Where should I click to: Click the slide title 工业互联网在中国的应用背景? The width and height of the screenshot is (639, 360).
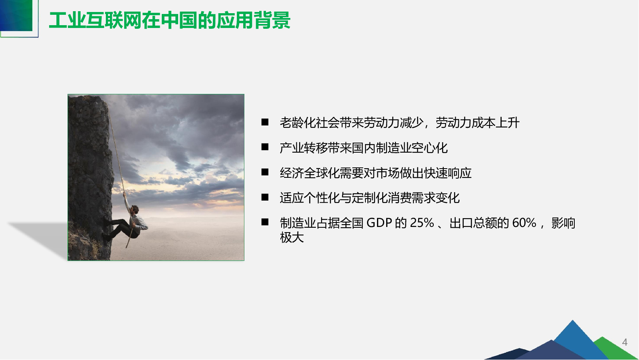click(169, 20)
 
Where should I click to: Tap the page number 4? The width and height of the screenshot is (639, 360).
click(625, 342)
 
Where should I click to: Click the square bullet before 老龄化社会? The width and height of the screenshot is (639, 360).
click(265, 122)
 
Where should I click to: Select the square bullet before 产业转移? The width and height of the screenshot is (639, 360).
click(265, 147)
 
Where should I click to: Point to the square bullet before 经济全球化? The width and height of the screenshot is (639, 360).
click(265, 172)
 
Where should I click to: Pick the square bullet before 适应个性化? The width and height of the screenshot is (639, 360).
click(265, 197)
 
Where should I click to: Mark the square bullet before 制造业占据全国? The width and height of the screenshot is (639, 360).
click(265, 222)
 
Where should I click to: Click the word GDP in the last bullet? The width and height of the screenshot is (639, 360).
click(379, 223)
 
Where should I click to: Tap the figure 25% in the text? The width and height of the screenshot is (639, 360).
click(422, 223)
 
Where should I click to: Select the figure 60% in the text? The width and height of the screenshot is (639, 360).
click(524, 223)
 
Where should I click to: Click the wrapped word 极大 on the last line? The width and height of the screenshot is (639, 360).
click(292, 237)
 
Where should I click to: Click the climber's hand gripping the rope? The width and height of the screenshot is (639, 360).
click(125, 195)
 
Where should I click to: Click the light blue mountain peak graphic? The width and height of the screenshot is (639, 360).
click(576, 337)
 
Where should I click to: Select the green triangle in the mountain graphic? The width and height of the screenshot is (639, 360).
click(613, 349)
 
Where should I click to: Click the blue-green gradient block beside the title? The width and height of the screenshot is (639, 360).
click(16, 15)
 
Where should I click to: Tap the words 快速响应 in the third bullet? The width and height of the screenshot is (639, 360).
click(447, 173)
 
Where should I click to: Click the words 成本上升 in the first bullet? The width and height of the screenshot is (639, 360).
click(496, 123)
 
